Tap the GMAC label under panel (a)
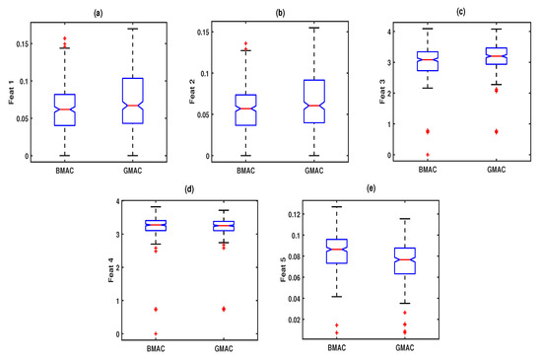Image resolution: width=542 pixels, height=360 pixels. point(133,169)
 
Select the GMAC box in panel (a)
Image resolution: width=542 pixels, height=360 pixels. point(133,101)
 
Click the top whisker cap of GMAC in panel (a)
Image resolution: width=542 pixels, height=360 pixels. point(133,29)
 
